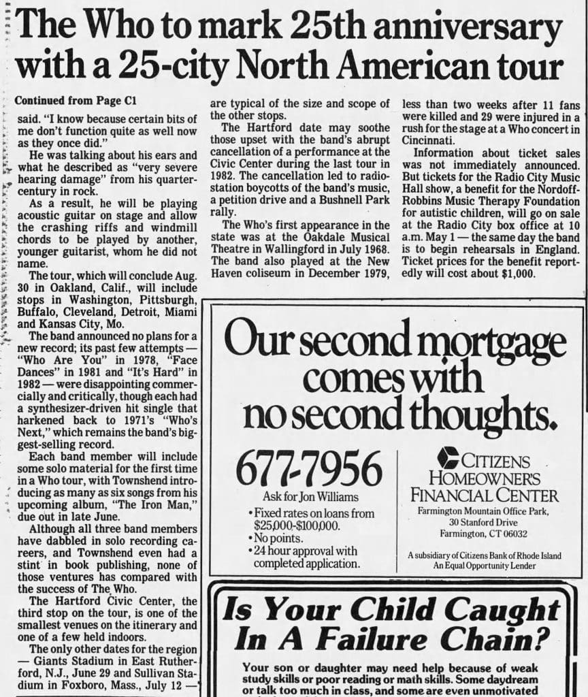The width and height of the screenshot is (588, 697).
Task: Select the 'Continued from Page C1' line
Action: pyautogui.click(x=76, y=100)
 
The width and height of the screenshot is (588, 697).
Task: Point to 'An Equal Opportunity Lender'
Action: pyautogui.click(x=484, y=566)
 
